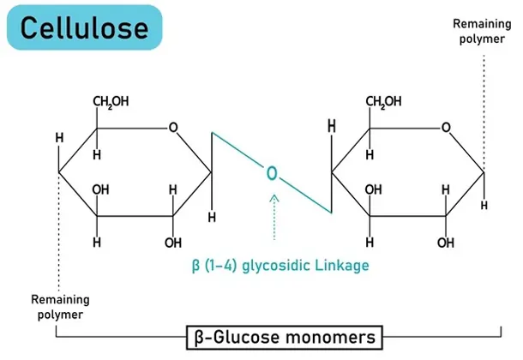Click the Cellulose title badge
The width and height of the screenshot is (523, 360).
84,28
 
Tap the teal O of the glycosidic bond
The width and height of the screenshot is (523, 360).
272,175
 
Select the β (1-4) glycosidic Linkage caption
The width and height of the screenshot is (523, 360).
280,266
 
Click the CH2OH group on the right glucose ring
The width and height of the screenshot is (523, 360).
383,103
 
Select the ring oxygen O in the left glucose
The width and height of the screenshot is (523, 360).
173,129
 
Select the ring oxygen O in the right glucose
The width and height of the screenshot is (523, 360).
446,129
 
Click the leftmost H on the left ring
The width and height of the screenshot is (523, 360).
58,138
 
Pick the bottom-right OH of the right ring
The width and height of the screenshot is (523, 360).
446,243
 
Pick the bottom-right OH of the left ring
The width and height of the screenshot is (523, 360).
173,243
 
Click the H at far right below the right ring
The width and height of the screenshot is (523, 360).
484,206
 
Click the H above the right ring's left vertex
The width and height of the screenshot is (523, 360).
332,128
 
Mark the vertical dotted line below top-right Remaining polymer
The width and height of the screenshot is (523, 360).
484,111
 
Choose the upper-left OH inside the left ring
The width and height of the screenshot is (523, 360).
100,189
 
